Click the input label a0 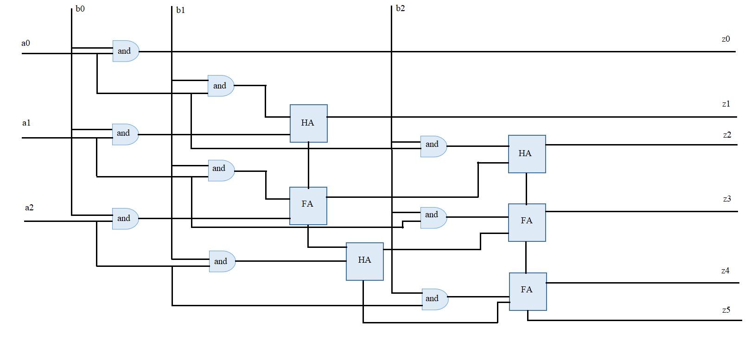pos(25,43)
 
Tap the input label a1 pos(26,123)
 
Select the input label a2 pos(29,208)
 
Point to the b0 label pos(80,9)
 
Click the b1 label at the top pos(180,10)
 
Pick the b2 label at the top pos(400,8)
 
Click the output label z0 pos(726,39)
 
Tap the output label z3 pos(726,199)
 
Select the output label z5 pos(726,310)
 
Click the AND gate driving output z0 pos(125,51)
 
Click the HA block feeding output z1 pos(308,123)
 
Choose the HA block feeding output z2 pos(527,154)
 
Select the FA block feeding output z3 pos(527,222)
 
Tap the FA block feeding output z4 pos(528,291)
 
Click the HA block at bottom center pos(364,261)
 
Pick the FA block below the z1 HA pos(308,206)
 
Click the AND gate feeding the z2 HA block pos(433,146)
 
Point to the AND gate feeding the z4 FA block pos(434,299)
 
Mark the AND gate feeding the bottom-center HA pos(222,261)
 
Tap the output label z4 pos(725,271)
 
